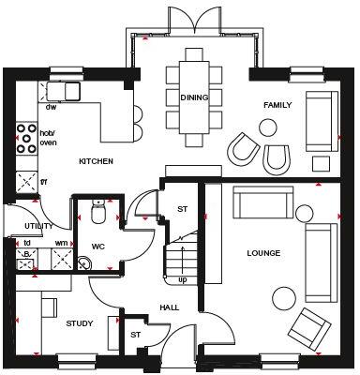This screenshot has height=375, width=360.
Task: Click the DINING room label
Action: point(194,97)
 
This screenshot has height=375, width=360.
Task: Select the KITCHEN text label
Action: point(96,161)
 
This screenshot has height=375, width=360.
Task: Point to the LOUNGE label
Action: point(263,253)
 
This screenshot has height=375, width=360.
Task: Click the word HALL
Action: point(169,307)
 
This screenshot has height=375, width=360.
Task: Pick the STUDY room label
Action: point(80,323)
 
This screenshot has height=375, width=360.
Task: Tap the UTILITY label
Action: point(38,226)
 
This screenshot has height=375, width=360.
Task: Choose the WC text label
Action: point(97,247)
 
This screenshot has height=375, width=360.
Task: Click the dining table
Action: point(194,97)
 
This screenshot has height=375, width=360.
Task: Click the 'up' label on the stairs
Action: point(182,279)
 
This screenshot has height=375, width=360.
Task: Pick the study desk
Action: point(50,309)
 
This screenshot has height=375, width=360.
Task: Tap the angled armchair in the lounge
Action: point(310,327)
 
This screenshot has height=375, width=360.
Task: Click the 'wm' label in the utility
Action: point(62,243)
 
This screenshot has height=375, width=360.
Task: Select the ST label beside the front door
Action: point(135,334)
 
